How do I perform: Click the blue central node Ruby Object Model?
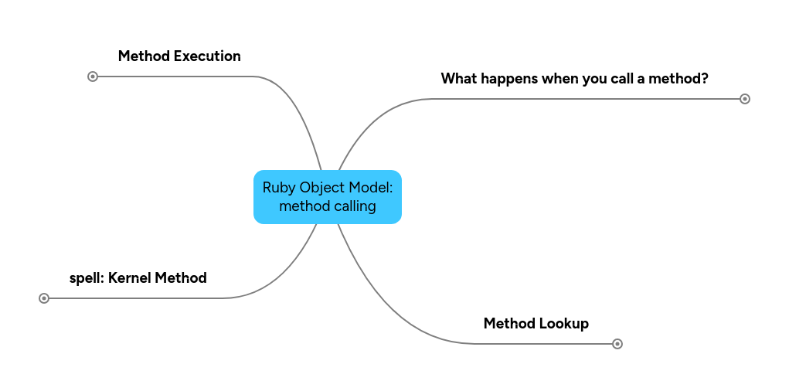327,197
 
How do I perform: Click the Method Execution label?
179,56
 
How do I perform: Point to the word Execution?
207,56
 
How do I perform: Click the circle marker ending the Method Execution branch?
93,77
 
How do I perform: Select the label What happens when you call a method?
574,79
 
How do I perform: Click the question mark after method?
704,79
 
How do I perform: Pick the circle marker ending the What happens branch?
745,99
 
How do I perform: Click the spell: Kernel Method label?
138,278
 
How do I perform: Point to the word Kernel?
130,278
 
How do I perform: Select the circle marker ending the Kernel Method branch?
44,298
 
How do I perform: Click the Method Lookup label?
536,324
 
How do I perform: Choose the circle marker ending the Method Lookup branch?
617,344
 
